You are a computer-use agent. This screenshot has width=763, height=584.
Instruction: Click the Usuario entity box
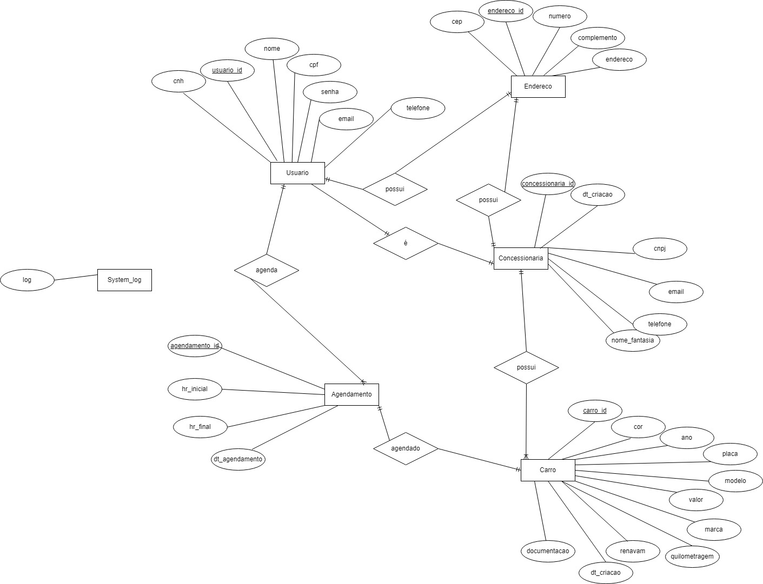click(297, 173)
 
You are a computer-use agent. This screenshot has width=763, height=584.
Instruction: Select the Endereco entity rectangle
click(538, 86)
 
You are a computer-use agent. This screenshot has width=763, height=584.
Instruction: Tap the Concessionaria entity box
click(521, 258)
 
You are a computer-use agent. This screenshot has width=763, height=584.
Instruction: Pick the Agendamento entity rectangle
click(351, 394)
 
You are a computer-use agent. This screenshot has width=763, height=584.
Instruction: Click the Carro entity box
click(548, 470)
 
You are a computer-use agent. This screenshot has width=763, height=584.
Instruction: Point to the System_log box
click(124, 280)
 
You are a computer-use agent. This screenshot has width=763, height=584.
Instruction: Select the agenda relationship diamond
click(267, 270)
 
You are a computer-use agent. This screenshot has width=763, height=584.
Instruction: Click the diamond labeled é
click(406, 243)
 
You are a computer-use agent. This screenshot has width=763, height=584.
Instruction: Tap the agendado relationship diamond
click(406, 448)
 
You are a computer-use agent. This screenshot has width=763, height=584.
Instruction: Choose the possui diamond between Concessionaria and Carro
click(526, 367)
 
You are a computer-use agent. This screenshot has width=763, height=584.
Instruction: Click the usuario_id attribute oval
click(227, 70)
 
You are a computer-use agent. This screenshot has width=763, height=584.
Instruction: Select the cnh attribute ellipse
click(178, 81)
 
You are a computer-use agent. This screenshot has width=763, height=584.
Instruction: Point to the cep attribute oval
click(457, 22)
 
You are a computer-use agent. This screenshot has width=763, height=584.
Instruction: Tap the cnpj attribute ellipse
click(660, 249)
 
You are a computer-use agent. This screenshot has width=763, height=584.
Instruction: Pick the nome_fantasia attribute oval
click(633, 341)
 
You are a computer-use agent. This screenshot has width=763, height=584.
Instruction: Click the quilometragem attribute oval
click(692, 556)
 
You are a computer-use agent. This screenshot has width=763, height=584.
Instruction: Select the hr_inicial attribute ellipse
click(195, 389)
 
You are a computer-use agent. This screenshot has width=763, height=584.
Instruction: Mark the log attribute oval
click(27, 280)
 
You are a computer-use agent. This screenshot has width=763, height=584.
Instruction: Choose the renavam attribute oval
click(633, 551)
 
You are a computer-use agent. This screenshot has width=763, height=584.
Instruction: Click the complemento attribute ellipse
click(598, 38)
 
